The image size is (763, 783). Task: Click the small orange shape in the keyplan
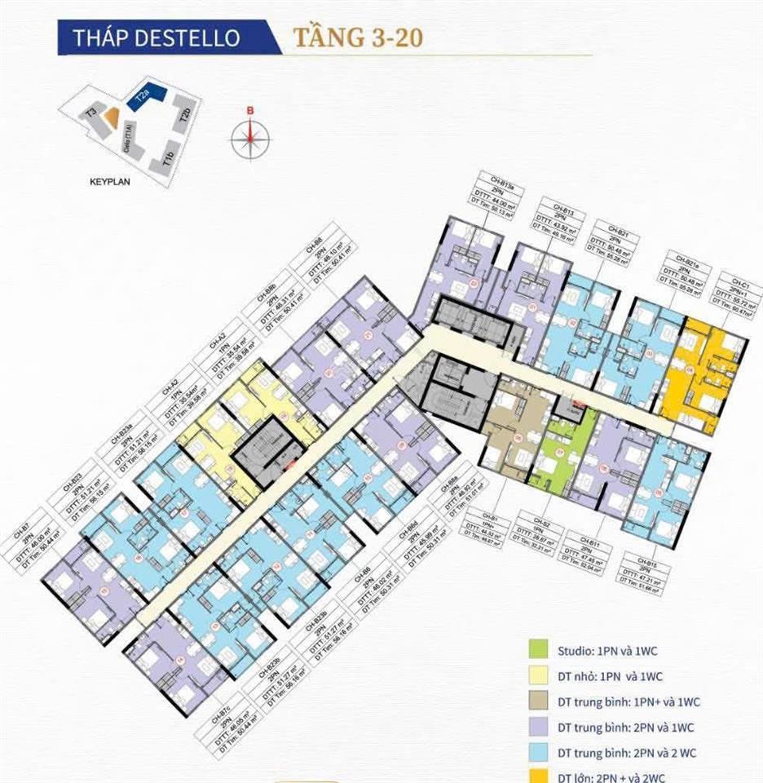[115, 123]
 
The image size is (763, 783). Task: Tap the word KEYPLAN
[110, 183]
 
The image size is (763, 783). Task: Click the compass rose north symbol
[250, 136]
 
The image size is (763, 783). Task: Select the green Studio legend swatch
[536, 650]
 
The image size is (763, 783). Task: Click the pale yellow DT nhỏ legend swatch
[536, 676]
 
